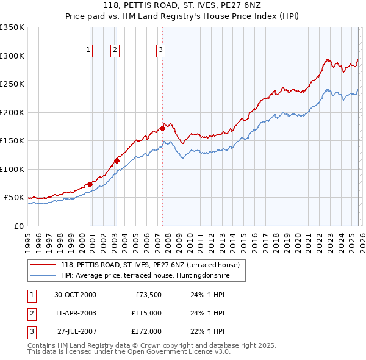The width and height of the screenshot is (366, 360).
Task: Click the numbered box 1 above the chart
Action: click(x=88, y=50)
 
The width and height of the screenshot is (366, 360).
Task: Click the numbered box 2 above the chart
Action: click(x=115, y=50)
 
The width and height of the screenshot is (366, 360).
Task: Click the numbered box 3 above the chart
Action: click(x=160, y=50)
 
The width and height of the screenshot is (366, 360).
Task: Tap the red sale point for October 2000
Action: click(x=90, y=184)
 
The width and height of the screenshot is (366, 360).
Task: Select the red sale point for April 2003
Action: click(x=117, y=161)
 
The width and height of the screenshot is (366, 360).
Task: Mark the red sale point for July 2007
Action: click(x=163, y=128)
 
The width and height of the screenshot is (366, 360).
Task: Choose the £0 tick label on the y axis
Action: click(x=18, y=226)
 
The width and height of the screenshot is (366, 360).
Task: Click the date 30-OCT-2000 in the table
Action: click(x=75, y=294)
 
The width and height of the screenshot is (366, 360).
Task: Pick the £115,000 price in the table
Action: click(x=146, y=313)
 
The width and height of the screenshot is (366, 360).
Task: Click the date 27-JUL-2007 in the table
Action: click(x=75, y=331)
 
